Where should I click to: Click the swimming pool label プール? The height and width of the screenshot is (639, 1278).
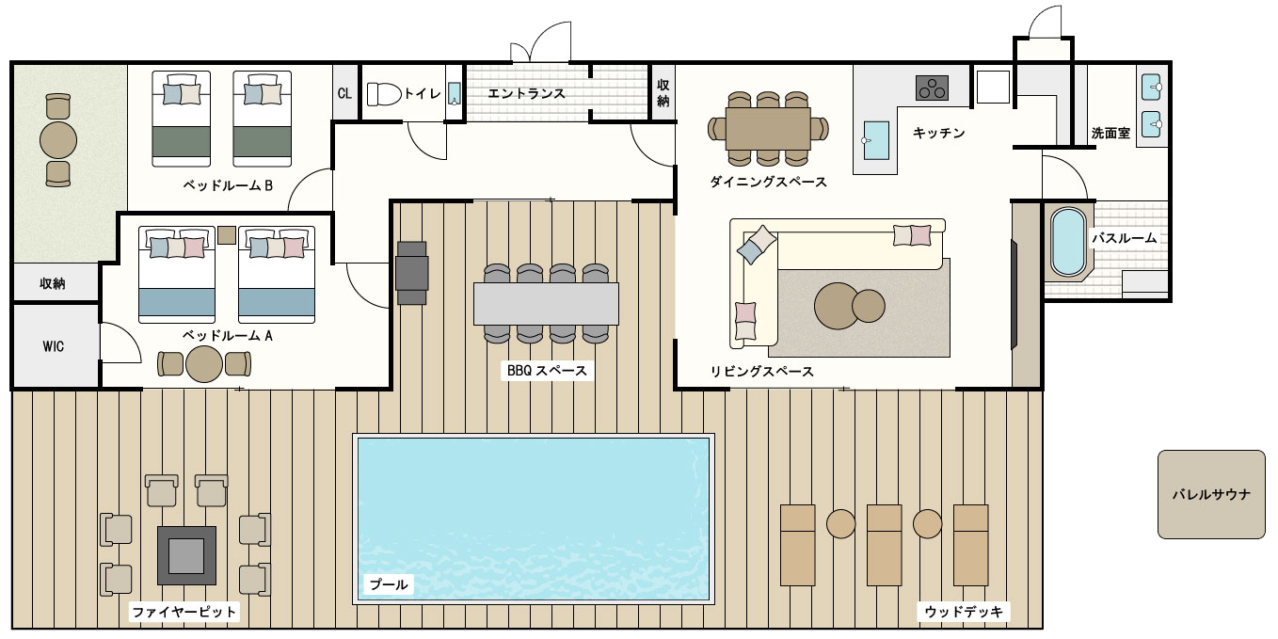(389, 584)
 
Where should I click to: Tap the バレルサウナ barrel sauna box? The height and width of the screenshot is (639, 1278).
(1210, 494)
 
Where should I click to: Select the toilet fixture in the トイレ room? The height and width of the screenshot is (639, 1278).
(384, 94)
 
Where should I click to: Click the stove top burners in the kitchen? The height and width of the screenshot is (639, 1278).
(932, 88)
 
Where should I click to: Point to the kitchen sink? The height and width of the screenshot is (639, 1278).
(876, 140)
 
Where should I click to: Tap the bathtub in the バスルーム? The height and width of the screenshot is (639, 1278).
(1068, 242)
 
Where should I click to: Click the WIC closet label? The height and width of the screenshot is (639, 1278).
(53, 346)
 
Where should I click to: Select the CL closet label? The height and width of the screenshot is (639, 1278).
(344, 93)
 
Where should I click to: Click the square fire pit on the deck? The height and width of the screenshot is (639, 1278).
(186, 555)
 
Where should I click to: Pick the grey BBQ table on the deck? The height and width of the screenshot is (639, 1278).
(546, 304)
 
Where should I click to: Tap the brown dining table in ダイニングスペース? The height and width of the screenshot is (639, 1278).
(768, 128)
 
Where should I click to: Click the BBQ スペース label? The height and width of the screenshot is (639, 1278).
(547, 371)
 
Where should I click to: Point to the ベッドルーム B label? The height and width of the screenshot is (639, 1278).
(228, 185)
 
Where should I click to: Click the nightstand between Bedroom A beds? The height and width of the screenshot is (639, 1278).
(227, 235)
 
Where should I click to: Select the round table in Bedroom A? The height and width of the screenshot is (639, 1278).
(203, 364)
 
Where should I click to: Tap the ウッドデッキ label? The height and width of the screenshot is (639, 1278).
(964, 612)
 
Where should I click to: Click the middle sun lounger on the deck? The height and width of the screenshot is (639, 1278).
(885, 545)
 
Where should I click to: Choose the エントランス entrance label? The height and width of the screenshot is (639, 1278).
(526, 93)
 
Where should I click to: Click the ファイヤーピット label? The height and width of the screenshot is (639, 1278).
(184, 613)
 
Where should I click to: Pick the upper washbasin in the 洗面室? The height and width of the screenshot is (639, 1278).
(1152, 88)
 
